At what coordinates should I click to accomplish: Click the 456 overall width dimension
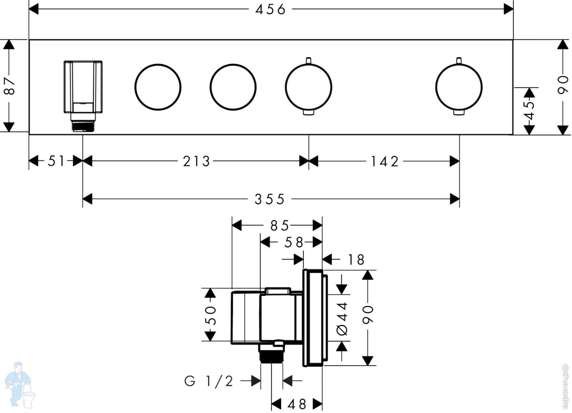click(270, 9)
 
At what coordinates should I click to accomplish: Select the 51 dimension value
click(56, 161)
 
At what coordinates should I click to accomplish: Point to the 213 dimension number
click(196, 161)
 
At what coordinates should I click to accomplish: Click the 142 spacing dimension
click(384, 161)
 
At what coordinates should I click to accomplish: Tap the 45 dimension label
click(530, 110)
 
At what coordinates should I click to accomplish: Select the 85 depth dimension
click(279, 226)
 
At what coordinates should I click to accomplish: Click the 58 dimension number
click(293, 242)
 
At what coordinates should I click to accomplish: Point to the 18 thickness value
click(356, 259)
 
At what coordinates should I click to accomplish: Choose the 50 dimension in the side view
click(210, 315)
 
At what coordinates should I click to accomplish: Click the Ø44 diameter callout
click(342, 318)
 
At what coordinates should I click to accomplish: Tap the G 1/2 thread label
click(209, 381)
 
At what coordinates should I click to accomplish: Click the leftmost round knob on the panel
click(158, 87)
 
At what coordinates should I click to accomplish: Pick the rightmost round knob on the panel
click(459, 87)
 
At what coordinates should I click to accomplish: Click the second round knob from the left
click(233, 87)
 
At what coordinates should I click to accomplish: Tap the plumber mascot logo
click(19, 384)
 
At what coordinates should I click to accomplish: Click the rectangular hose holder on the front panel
click(83, 87)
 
